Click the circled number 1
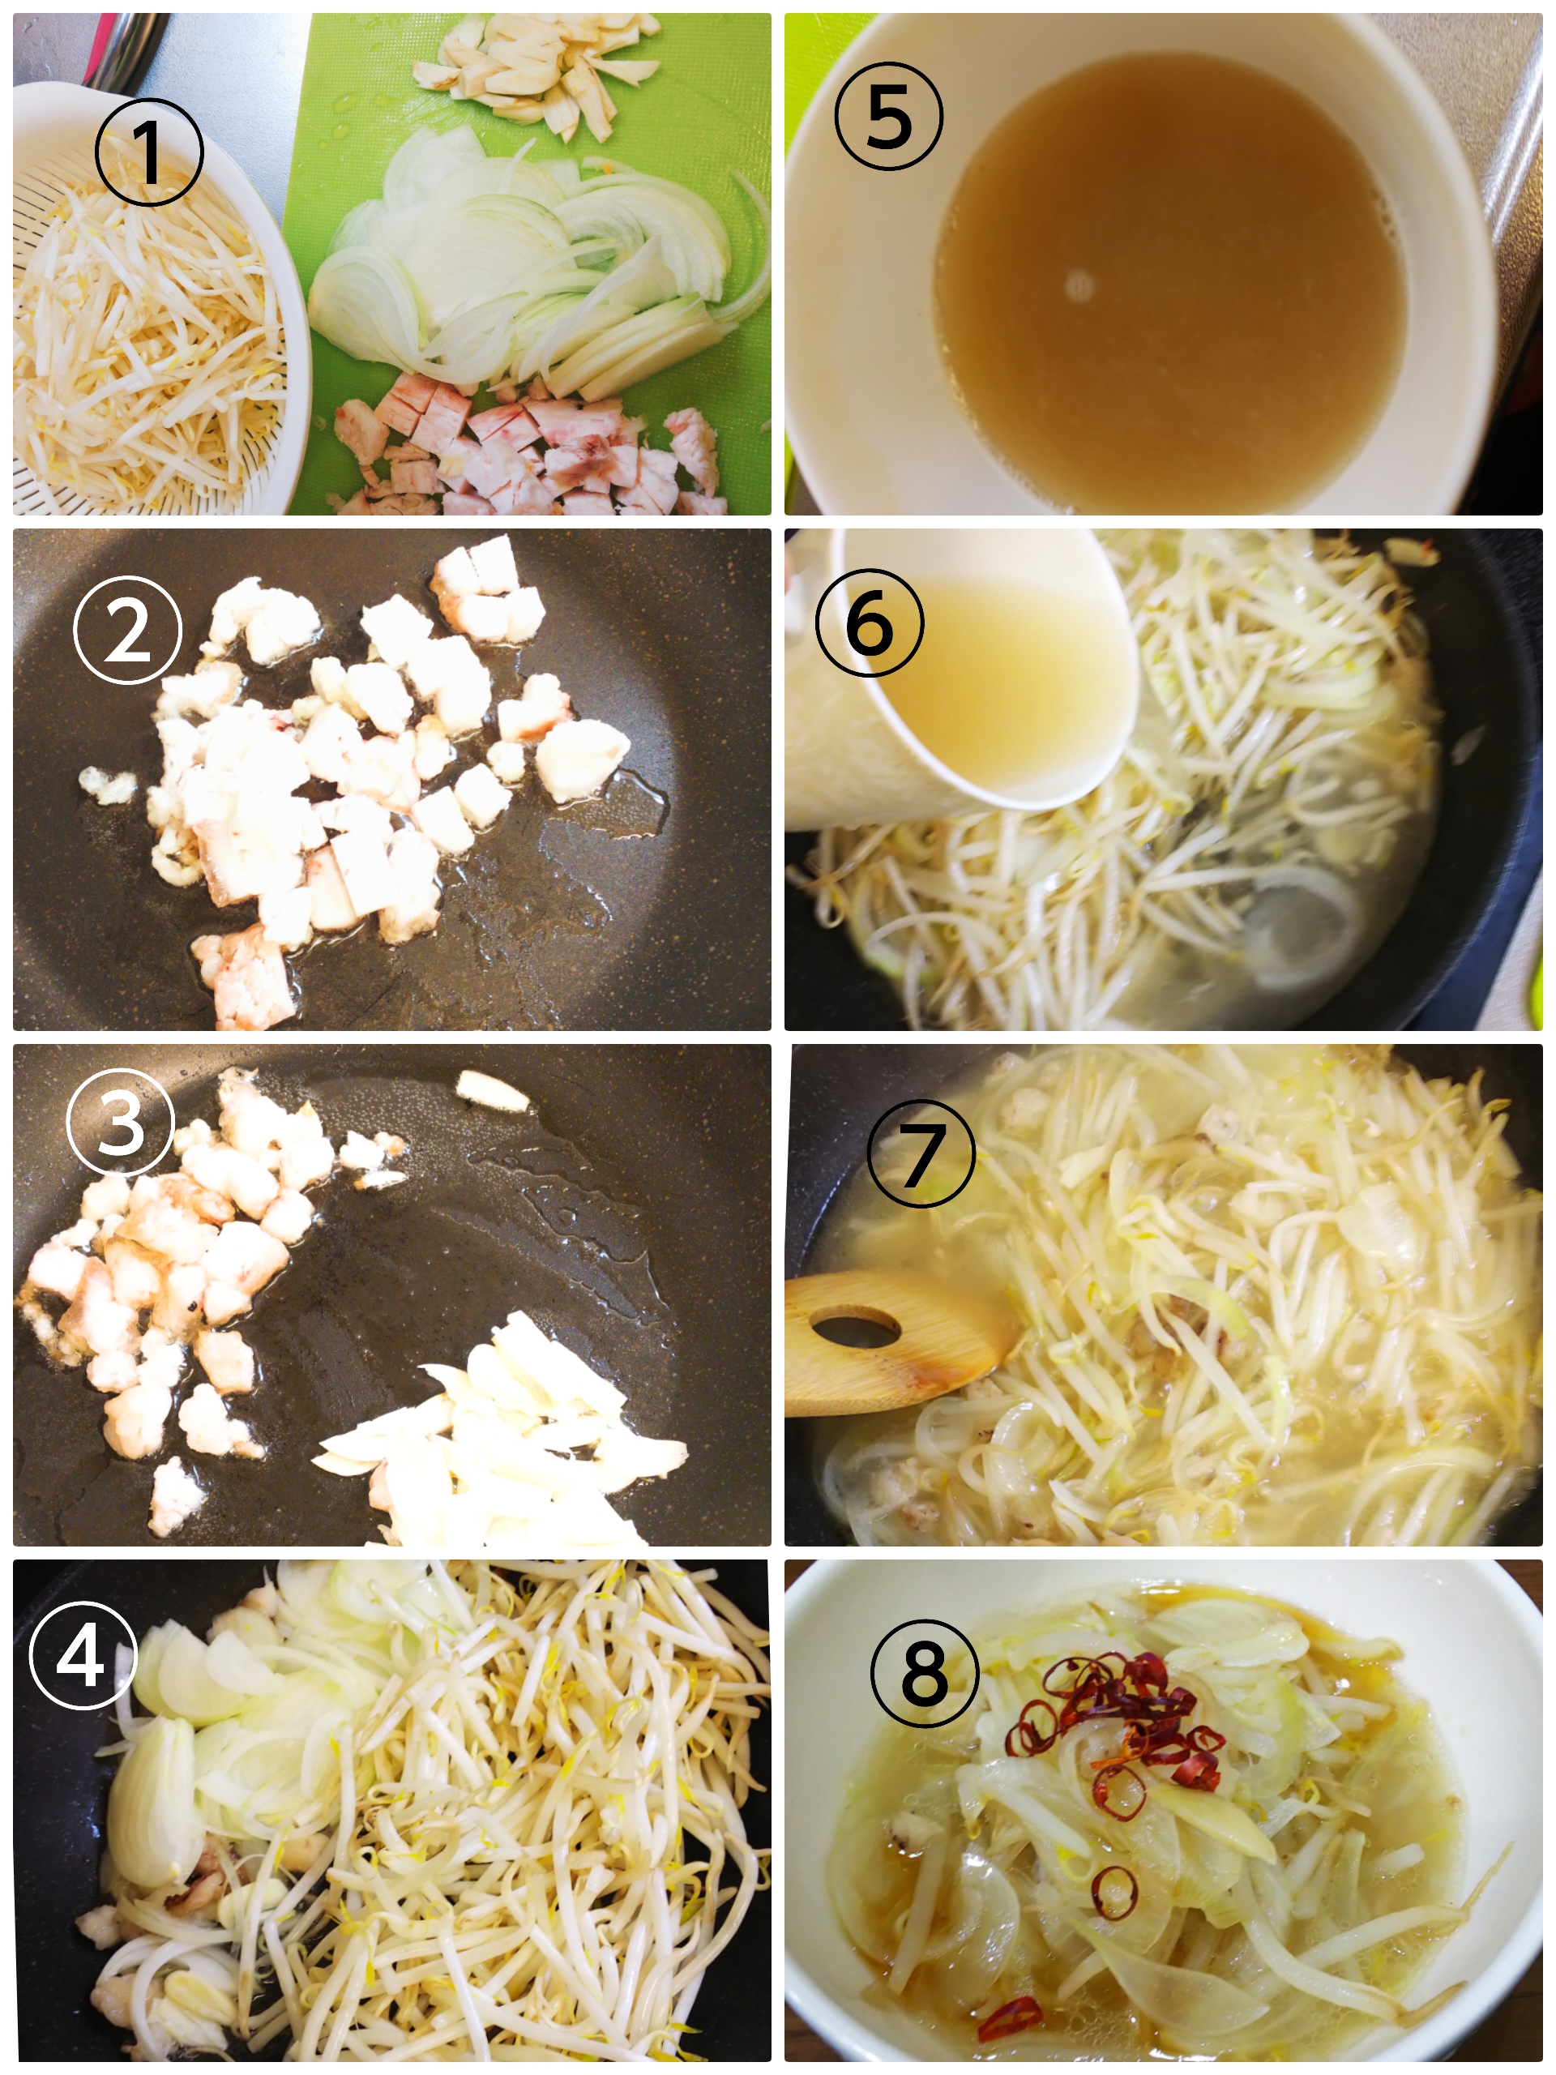[149, 151]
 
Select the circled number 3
[121, 1121]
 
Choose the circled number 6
[870, 622]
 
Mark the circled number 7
[921, 1153]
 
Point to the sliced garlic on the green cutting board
[536, 73]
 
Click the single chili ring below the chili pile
[1114, 1893]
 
